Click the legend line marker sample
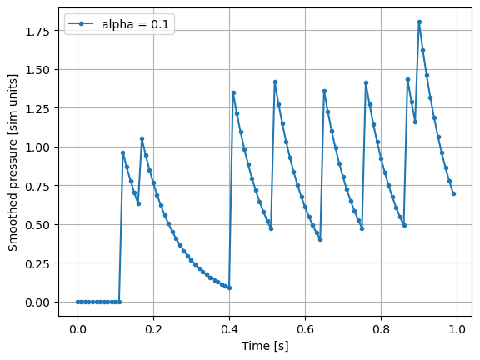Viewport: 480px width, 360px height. pos(83,23)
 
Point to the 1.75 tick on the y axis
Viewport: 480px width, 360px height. pos(38,31)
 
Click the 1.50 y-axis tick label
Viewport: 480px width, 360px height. pos(38,69)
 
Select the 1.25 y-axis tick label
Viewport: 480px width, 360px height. pos(38,108)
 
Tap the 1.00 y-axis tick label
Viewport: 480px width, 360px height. pos(38,147)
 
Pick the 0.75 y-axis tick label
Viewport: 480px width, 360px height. pos(38,186)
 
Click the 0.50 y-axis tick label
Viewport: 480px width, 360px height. pos(38,224)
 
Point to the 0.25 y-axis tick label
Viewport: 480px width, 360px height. pos(38,263)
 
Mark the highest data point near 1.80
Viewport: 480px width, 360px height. pos(419,22)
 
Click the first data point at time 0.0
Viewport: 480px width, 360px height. pos(77,302)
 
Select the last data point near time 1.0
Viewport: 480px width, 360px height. pos(453,193)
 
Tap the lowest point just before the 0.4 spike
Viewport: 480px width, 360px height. pos(229,287)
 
